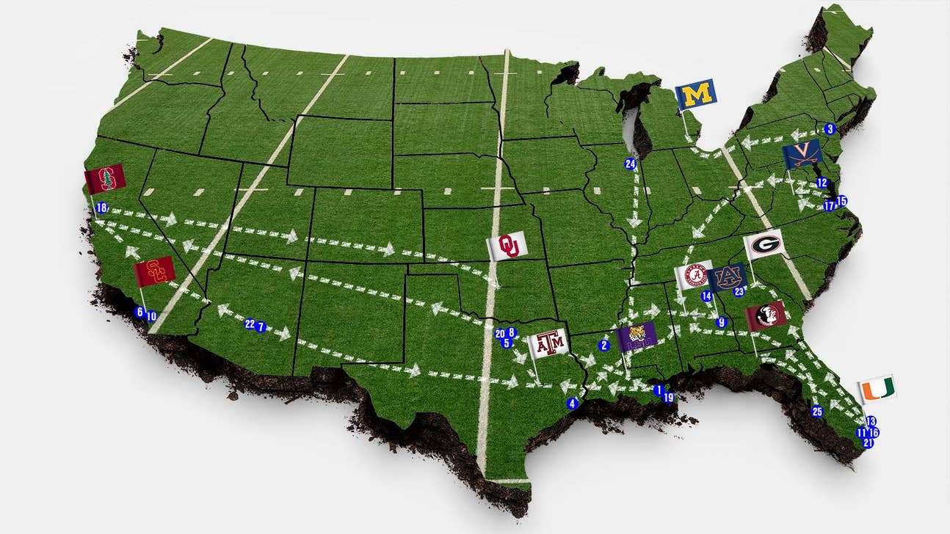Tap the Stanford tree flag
pyautogui.click(x=104, y=179)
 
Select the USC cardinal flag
pyautogui.click(x=155, y=271)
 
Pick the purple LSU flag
pyautogui.click(x=637, y=337)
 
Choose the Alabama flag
pyautogui.click(x=694, y=276)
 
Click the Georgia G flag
pyautogui.click(x=764, y=245)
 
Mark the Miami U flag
pyautogui.click(x=877, y=389)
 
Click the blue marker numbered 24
pyautogui.click(x=630, y=164)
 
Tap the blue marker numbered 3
pyautogui.click(x=830, y=129)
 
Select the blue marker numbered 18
pyautogui.click(x=101, y=208)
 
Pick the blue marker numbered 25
pyautogui.click(x=817, y=412)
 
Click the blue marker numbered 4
pyautogui.click(x=573, y=403)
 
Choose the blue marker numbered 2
pyautogui.click(x=605, y=345)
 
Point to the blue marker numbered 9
pyautogui.click(x=721, y=322)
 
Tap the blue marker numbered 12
pyautogui.click(x=822, y=183)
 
